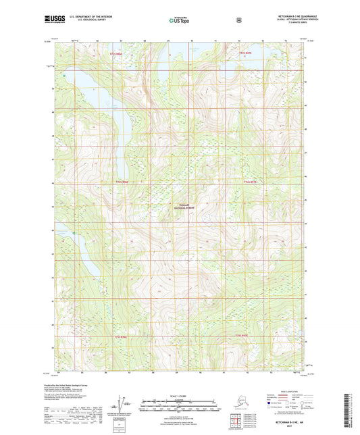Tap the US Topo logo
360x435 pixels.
click(x=177, y=20)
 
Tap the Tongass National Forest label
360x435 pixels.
click(x=182, y=207)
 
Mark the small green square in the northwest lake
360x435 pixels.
click(x=64, y=76)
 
